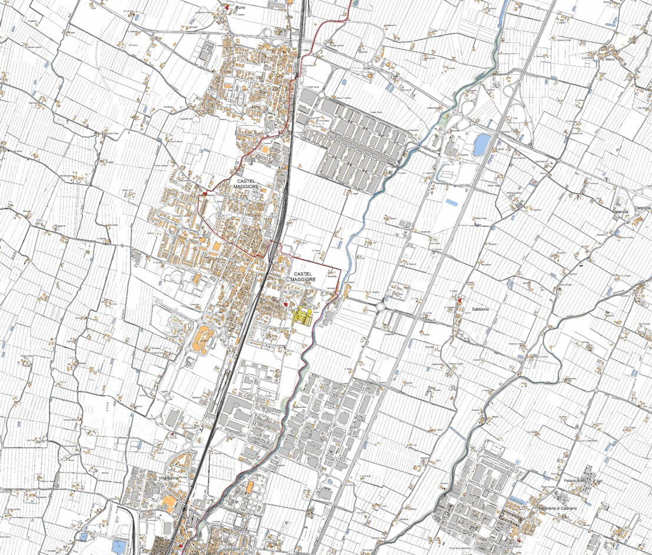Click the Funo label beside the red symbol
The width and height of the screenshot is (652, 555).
pyautogui.click(x=240, y=8)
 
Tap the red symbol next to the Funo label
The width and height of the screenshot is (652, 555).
pyautogui.click(x=227, y=6)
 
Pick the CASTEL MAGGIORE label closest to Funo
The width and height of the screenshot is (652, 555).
pyautogui.click(x=248, y=183)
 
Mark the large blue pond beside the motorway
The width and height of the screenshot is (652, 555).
pyautogui.click(x=481, y=144)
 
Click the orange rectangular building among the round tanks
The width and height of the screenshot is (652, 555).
pyautogui.click(x=250, y=488)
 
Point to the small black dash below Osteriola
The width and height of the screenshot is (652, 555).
pyautogui.click(x=581, y=265)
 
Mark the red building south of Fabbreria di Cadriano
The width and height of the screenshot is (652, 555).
pyautogui.click(x=518, y=539)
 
